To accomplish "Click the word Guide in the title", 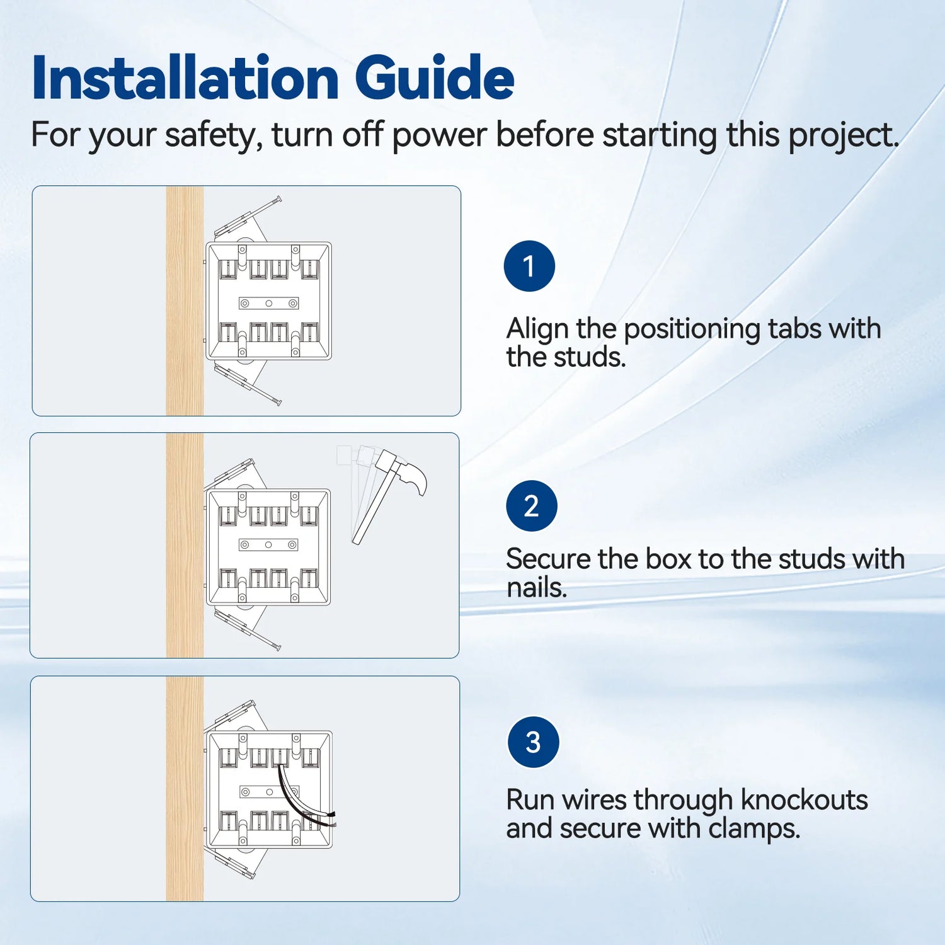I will (434, 78).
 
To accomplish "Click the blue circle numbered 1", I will (529, 266).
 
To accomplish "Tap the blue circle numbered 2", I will (531, 506).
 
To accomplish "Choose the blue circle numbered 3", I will (533, 742).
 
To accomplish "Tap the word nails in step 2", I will (536, 588).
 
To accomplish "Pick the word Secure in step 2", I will (547, 559).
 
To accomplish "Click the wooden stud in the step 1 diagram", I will (185, 301).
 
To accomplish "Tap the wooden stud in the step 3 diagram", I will (185, 788).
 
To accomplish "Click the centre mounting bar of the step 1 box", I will (268, 303).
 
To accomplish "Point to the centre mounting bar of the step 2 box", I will (268, 544).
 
